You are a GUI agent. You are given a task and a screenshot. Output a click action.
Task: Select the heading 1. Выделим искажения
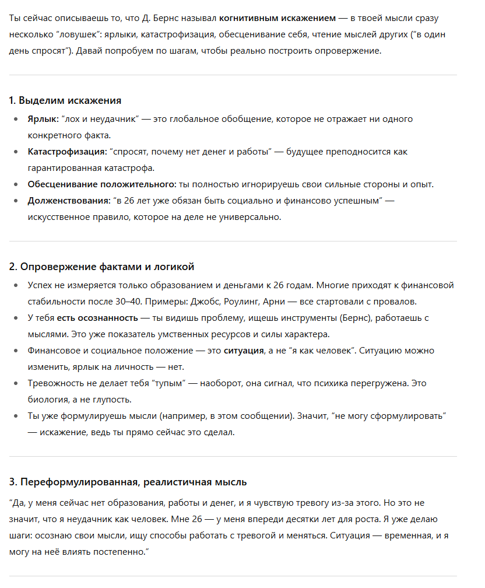[65, 100]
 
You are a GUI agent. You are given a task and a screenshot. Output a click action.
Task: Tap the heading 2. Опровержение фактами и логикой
[101, 267]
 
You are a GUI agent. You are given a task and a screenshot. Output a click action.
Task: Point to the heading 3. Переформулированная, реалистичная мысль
[128, 482]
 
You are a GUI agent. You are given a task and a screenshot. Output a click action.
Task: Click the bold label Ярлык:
[43, 119]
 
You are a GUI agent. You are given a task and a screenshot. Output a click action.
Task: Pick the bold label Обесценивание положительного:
[102, 184]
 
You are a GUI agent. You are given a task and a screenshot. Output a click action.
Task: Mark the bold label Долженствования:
[69, 201]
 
